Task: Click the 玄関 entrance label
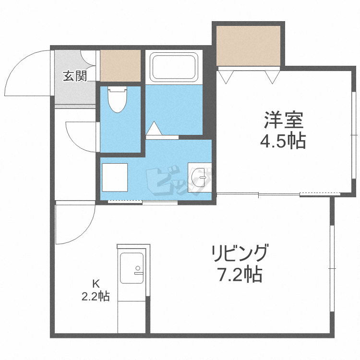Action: pyautogui.click(x=75, y=76)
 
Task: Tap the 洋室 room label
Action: pyautogui.click(x=284, y=120)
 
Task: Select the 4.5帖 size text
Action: pyautogui.click(x=283, y=141)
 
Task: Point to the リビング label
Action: pyautogui.click(x=240, y=253)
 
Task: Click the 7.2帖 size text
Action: pyautogui.click(x=240, y=275)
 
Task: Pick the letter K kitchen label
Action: pyautogui.click(x=96, y=284)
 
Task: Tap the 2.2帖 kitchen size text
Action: pyautogui.click(x=96, y=297)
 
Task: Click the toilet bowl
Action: pyautogui.click(x=117, y=99)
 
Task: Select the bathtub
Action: pyautogui.click(x=174, y=67)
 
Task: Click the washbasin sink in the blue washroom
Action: pyautogui.click(x=198, y=178)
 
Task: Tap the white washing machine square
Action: pyautogui.click(x=115, y=177)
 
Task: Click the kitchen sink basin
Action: pyautogui.click(x=132, y=268)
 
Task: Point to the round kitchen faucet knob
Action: pyautogui.click(x=138, y=268)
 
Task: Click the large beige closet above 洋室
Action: pyautogui.click(x=249, y=46)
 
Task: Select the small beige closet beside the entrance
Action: pyautogui.click(x=120, y=66)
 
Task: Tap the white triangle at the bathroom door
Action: pyautogui.click(x=154, y=128)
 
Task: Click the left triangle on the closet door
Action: pyautogui.click(x=226, y=77)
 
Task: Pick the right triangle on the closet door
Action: pyautogui.click(x=272, y=77)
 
